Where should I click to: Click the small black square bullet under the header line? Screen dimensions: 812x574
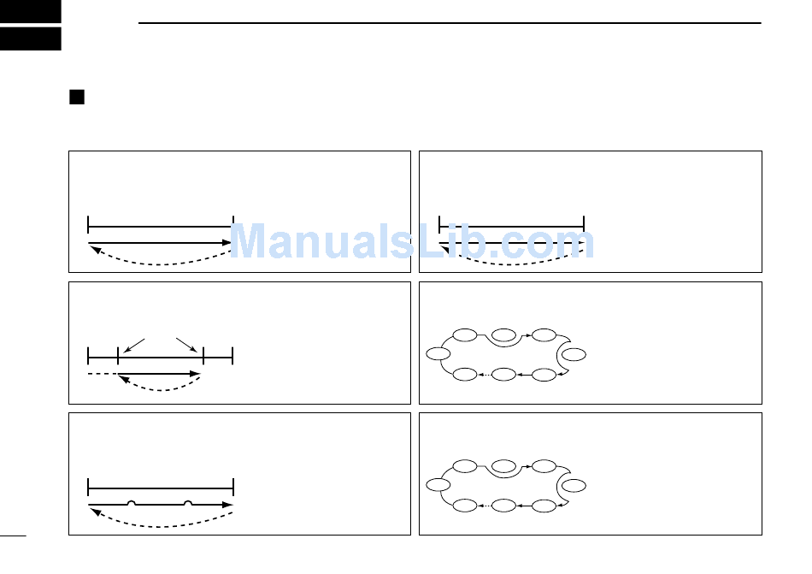76,97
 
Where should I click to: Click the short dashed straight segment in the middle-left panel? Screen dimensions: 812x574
102,374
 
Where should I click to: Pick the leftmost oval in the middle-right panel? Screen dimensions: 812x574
438,353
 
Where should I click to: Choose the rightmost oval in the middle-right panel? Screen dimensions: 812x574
575,354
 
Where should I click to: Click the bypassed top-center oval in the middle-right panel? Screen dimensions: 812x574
504,334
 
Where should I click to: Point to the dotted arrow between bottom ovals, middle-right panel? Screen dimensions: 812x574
485,374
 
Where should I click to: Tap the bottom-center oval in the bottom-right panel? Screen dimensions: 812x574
504,506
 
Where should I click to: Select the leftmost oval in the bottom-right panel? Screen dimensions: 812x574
438,485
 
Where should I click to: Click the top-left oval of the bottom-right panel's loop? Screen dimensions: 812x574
465,466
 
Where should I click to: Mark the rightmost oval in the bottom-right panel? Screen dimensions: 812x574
575,486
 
